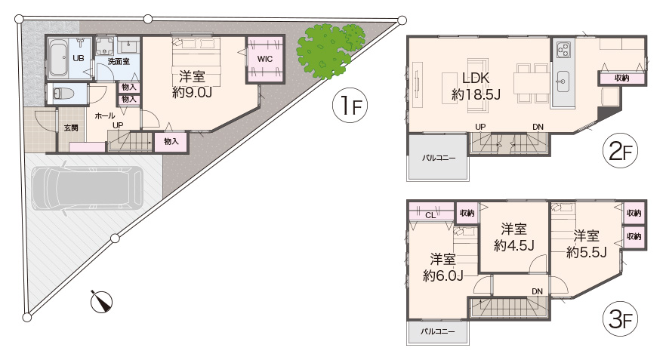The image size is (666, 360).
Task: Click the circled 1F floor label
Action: click(x=350, y=106)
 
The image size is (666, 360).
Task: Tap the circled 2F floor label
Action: click(x=620, y=151)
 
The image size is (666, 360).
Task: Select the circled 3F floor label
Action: click(x=620, y=318)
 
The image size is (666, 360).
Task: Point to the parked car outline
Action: click(x=88, y=187)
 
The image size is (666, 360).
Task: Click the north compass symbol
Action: click(x=101, y=302)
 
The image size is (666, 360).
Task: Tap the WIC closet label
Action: click(x=264, y=59)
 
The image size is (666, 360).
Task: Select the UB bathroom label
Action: click(x=79, y=59)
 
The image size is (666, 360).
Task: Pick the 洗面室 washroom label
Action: click(x=119, y=62)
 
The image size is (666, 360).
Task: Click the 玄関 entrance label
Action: click(x=71, y=128)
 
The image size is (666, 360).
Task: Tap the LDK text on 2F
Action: click(x=476, y=78)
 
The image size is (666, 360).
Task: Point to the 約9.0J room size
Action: click(x=192, y=92)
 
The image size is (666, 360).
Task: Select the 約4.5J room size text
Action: click(x=514, y=245)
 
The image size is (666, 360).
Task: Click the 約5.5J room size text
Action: click(x=587, y=252)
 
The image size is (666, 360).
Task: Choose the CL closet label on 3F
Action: click(x=430, y=215)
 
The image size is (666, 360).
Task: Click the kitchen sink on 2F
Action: click(x=563, y=79)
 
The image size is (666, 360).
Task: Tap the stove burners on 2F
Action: click(x=563, y=49)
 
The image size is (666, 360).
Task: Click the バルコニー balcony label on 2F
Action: click(x=439, y=158)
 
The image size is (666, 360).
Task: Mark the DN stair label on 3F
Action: click(x=538, y=291)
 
